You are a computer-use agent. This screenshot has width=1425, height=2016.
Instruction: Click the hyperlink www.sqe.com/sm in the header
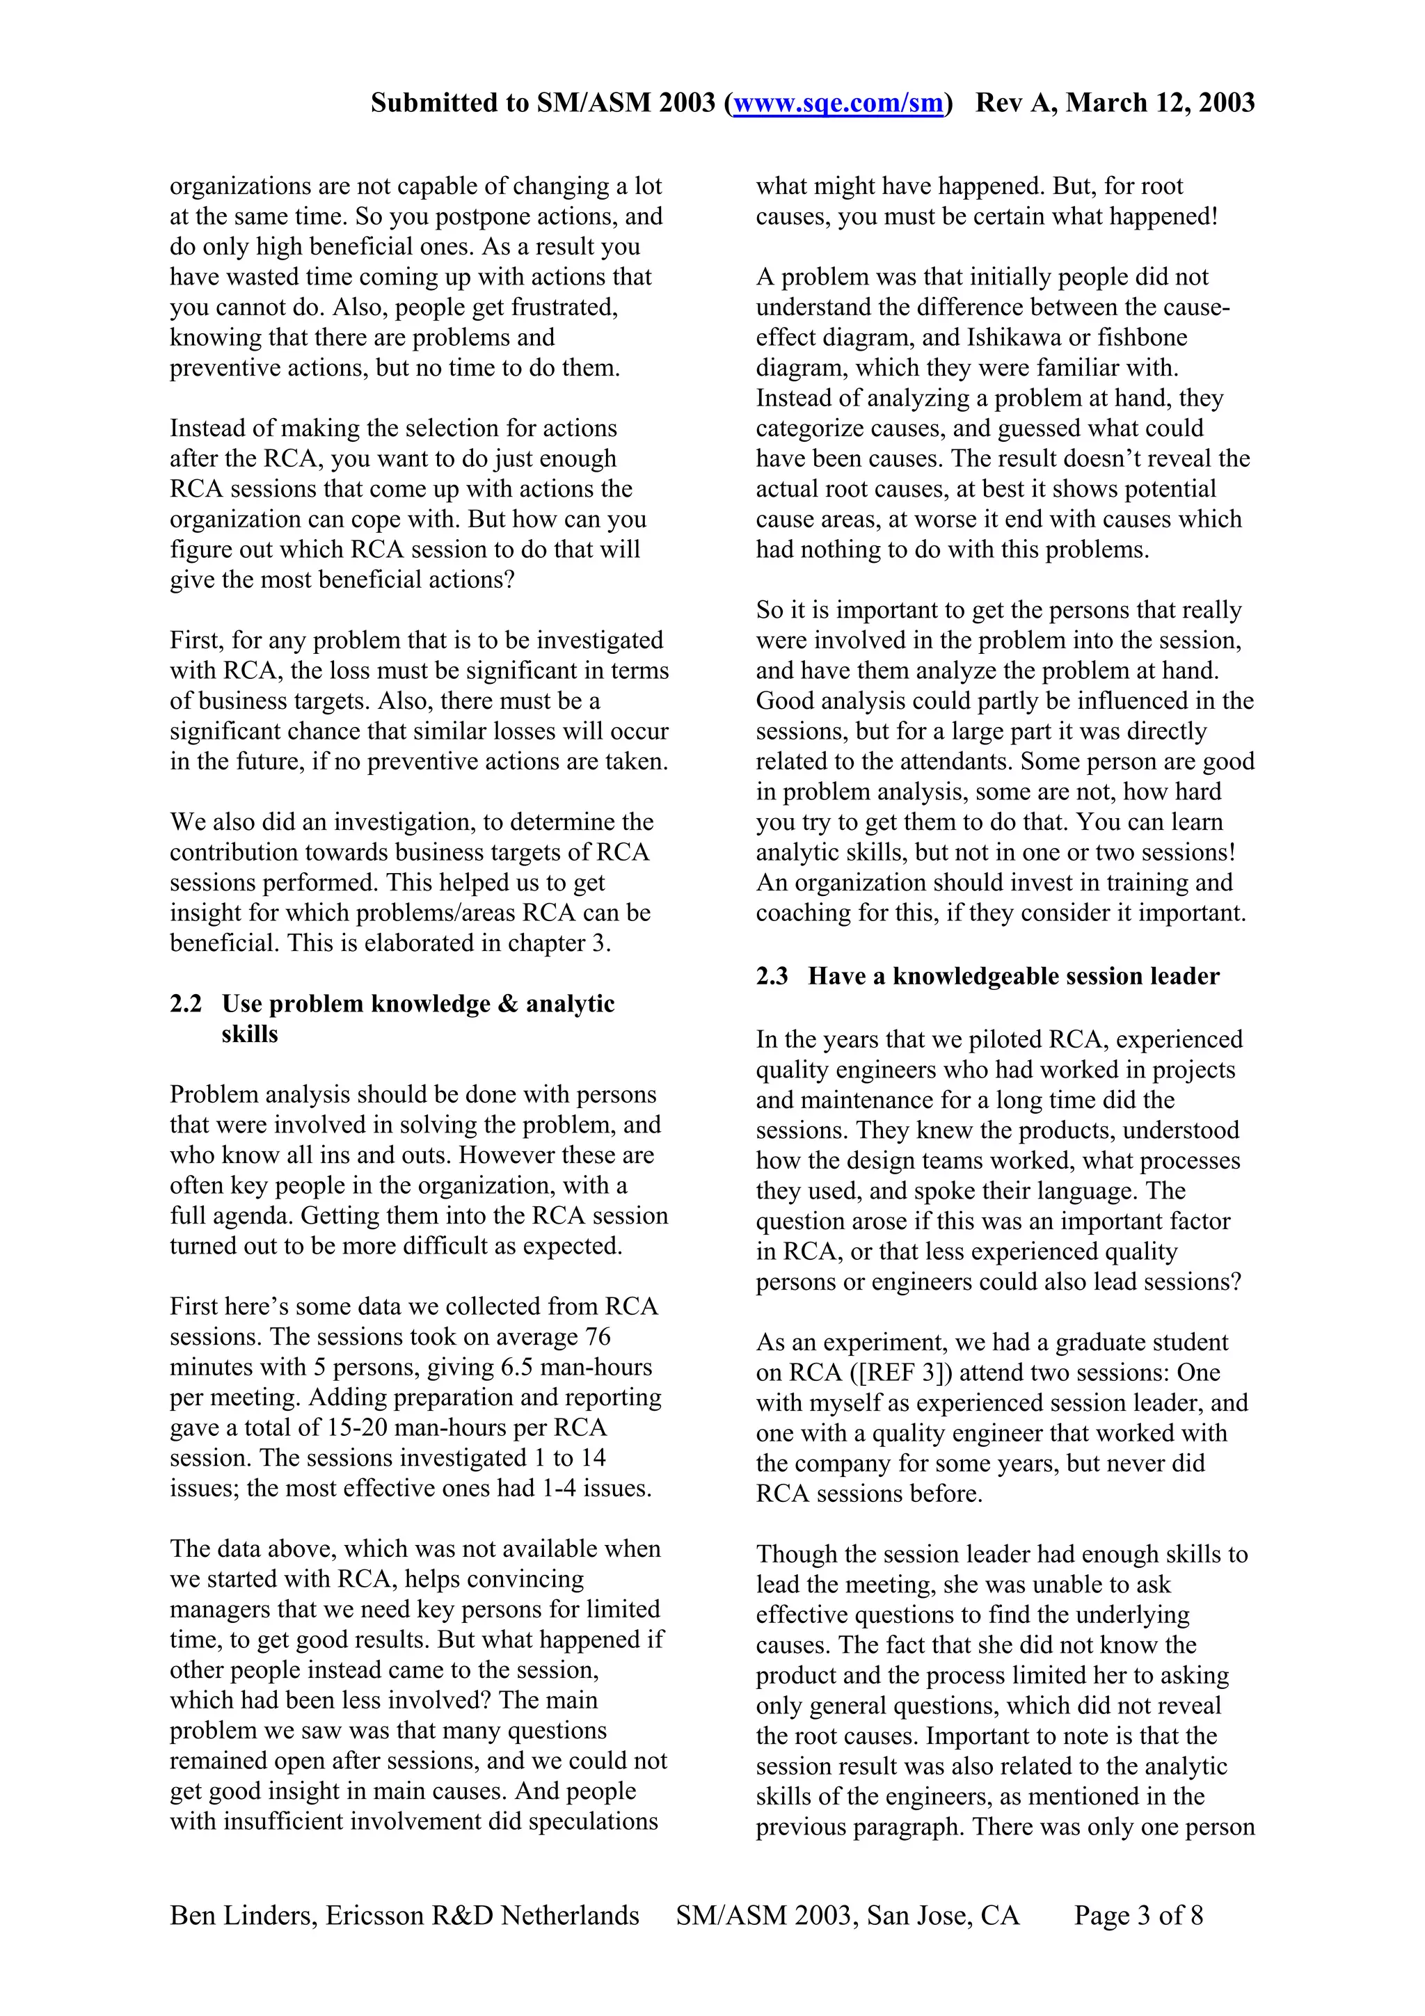point(838,104)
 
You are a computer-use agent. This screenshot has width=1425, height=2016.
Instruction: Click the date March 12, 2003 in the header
point(1160,104)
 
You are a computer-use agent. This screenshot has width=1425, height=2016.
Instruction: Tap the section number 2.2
point(185,1004)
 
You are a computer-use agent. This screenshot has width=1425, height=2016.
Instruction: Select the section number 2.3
point(772,977)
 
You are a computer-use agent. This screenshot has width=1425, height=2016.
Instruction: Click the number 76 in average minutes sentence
point(597,1336)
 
